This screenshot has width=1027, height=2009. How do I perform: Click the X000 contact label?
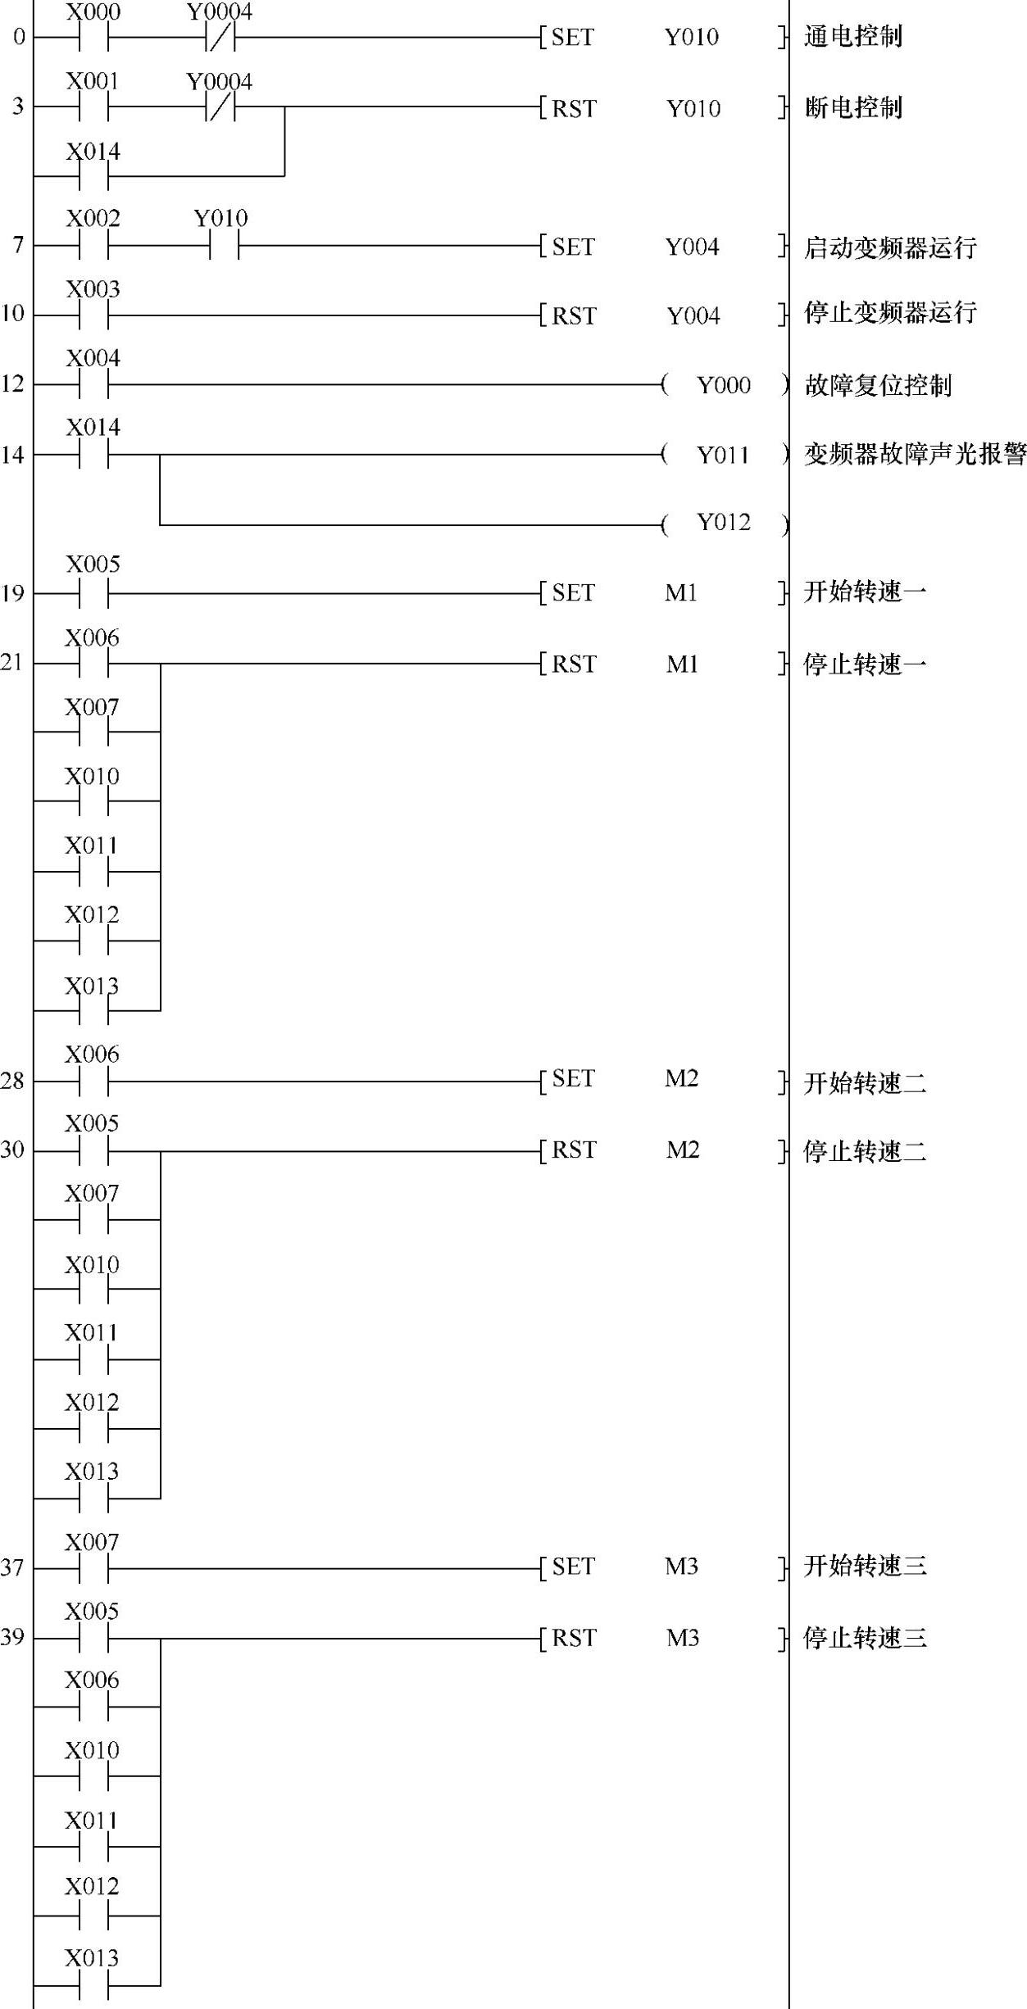click(93, 12)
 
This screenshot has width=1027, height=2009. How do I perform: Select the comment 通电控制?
click(852, 37)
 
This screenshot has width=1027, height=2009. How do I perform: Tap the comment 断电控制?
click(852, 107)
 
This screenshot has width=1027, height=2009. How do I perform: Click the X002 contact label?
click(93, 219)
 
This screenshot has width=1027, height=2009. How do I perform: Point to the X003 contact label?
click(93, 289)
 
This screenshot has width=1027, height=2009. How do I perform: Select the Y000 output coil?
click(724, 385)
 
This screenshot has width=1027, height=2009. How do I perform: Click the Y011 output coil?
click(724, 455)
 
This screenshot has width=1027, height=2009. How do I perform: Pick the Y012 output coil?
click(724, 523)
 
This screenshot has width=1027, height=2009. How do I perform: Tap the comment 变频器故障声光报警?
click(914, 455)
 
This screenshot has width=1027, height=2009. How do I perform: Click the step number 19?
click(12, 593)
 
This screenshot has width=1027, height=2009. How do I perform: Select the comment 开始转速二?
click(865, 1083)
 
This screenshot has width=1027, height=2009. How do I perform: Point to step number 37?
click(12, 1567)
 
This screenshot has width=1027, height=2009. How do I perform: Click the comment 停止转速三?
click(865, 1638)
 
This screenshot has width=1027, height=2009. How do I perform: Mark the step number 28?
click(12, 1082)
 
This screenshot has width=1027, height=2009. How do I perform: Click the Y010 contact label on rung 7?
click(220, 219)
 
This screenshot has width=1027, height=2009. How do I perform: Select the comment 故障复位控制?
click(877, 385)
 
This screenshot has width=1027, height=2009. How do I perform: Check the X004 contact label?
click(93, 359)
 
